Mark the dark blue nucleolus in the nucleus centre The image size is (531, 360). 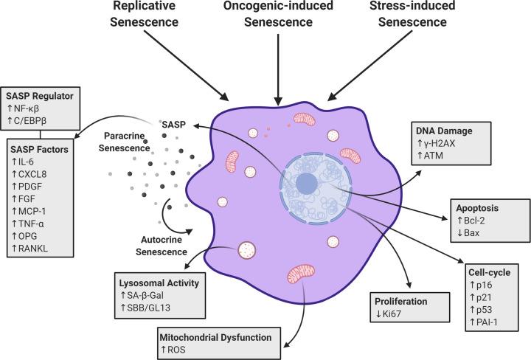click(x=308, y=183)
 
